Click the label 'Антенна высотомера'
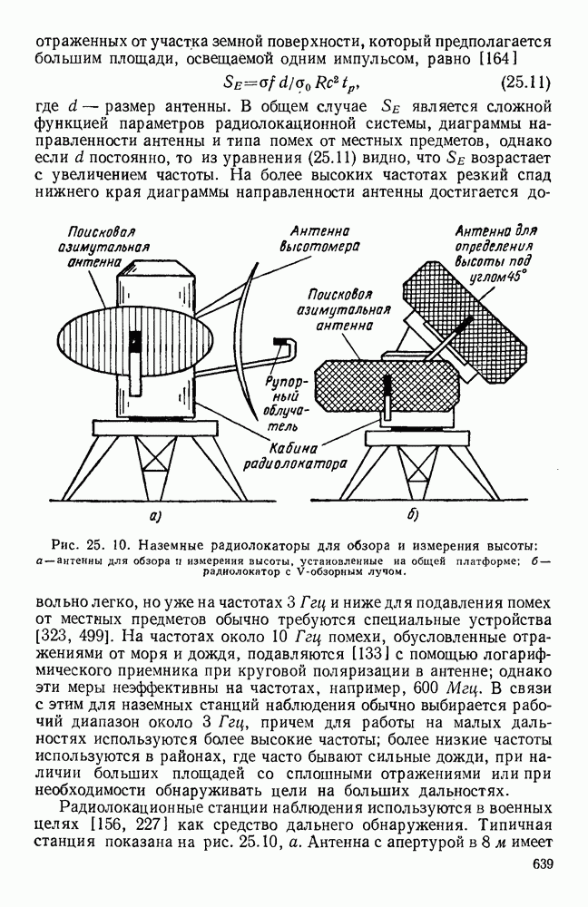[319, 239]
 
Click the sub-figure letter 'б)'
[412, 514]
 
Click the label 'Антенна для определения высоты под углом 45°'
[495, 253]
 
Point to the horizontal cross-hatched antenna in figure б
[386, 385]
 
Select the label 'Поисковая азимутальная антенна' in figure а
[103, 247]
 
